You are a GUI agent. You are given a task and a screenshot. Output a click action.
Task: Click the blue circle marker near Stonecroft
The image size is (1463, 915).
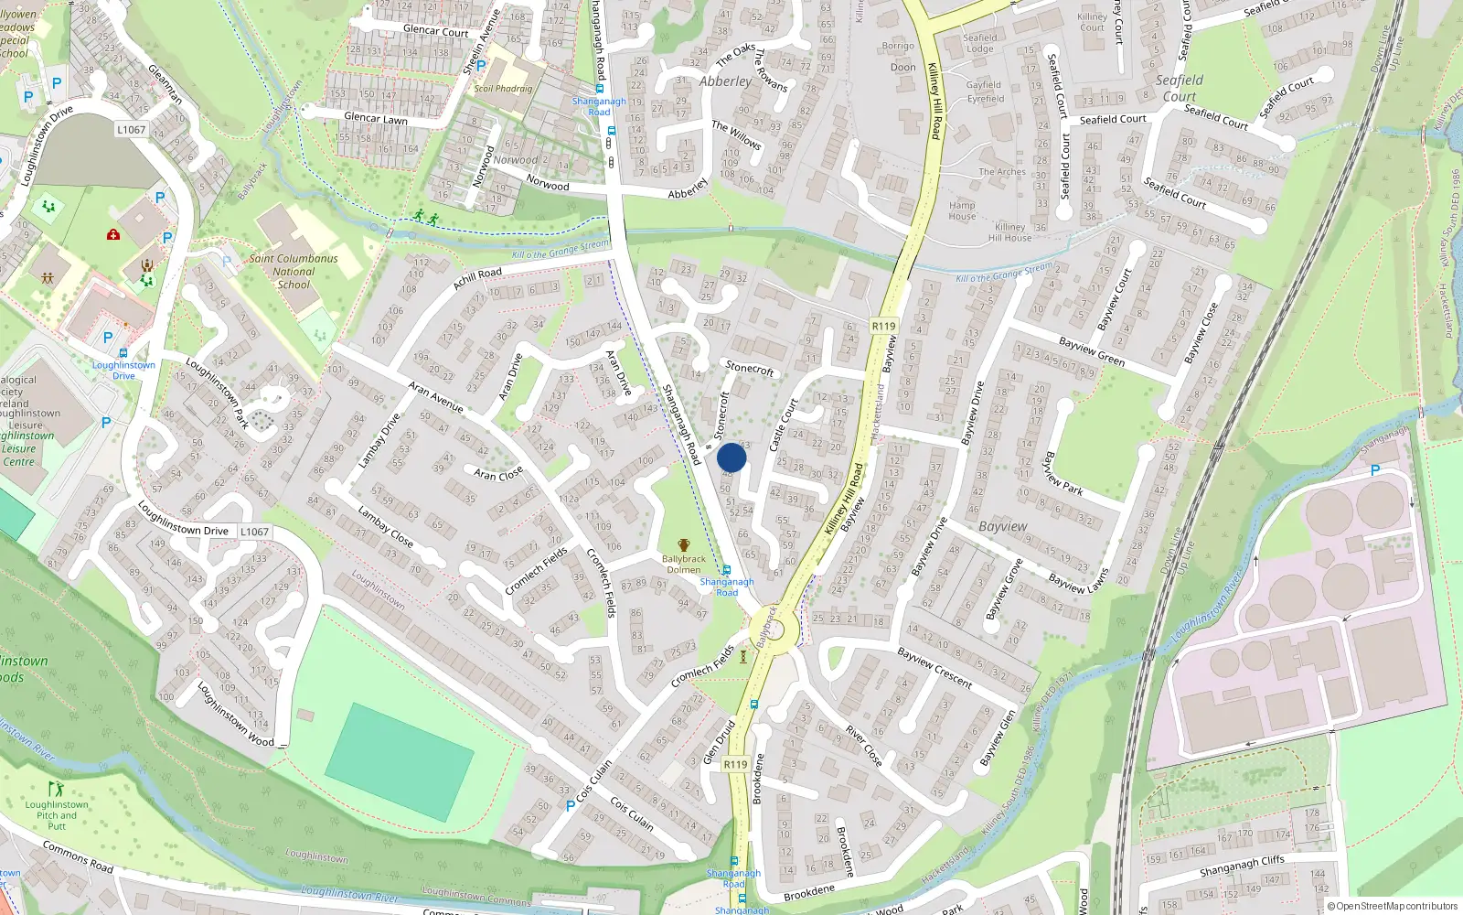coord(731,457)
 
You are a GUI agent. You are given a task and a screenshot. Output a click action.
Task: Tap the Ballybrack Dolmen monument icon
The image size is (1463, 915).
coord(683,545)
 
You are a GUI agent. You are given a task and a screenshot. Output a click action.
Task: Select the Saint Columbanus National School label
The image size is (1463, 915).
coord(294,272)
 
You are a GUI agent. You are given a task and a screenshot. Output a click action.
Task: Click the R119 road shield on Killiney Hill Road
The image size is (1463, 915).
coord(883,326)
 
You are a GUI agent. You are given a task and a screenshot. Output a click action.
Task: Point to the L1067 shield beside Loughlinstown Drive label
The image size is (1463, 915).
coord(254,532)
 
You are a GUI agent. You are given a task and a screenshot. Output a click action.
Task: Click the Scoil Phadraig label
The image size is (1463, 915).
coord(503,89)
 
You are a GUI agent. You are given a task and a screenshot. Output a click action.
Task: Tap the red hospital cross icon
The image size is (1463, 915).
coord(113,235)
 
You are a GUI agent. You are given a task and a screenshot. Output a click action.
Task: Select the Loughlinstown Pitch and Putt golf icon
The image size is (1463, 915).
coord(57,788)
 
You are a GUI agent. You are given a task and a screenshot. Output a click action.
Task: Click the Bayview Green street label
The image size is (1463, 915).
coord(1091,351)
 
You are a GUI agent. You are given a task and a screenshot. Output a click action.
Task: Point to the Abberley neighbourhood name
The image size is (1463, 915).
coord(725,81)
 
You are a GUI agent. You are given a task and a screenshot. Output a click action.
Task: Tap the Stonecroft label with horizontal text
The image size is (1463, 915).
coord(749,368)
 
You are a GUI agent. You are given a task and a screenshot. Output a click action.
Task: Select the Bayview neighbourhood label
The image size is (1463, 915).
coord(1002,526)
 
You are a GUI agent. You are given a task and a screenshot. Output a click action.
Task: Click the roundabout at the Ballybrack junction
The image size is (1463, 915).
coord(774,630)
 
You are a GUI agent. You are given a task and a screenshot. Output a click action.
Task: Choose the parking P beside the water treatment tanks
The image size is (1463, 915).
coord(1374,470)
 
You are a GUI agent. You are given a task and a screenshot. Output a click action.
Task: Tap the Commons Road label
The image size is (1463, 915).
coord(78,856)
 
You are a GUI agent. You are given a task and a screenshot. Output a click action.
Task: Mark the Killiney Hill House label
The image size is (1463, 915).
coord(1009,232)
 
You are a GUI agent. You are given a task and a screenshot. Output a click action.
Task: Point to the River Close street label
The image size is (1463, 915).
coord(863,746)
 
